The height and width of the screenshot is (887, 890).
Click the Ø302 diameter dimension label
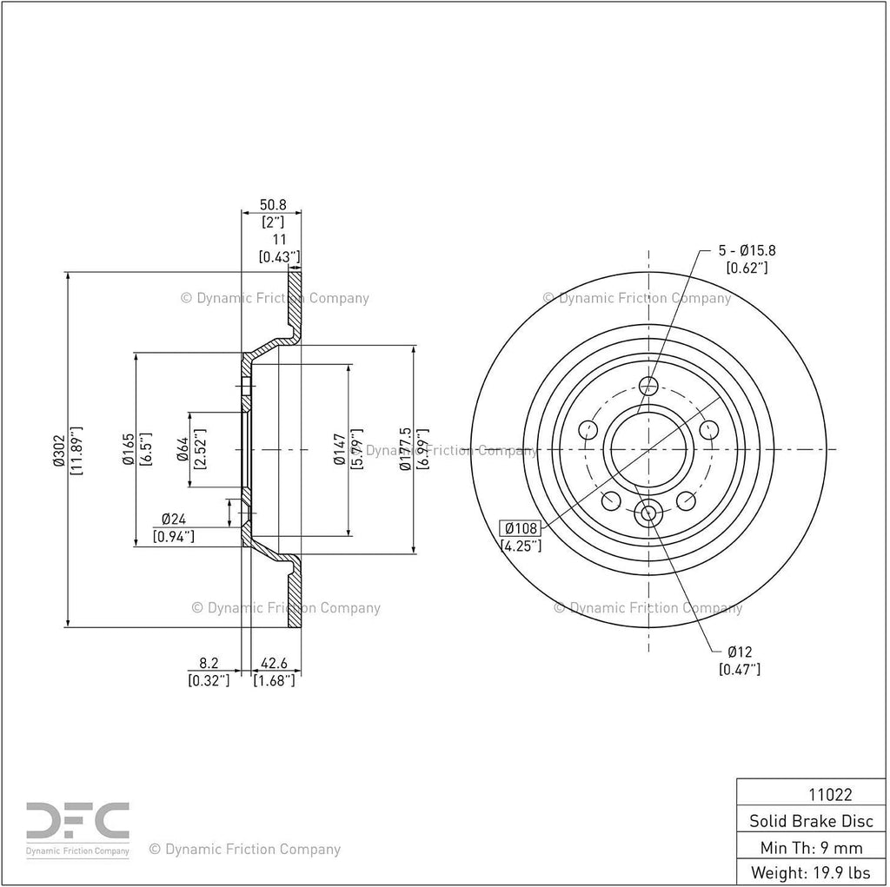(58, 451)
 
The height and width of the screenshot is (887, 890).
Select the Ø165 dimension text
(129, 449)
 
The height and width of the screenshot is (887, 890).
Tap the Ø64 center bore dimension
(183, 449)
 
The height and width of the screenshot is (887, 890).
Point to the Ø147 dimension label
(340, 449)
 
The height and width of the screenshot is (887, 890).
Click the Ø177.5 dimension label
(405, 449)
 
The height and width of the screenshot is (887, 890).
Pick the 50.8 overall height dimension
(273, 204)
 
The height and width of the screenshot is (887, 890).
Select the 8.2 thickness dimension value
(209, 663)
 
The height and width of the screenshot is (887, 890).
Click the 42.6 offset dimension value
(274, 663)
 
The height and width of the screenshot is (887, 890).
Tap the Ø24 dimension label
(174, 519)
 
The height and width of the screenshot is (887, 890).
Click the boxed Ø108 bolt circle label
(521, 528)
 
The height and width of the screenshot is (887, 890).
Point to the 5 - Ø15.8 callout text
(747, 250)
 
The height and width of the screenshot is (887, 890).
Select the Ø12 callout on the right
(740, 652)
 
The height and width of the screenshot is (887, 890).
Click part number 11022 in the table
(830, 795)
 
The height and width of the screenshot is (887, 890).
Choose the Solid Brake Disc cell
(811, 821)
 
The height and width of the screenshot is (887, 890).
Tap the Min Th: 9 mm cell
(811, 848)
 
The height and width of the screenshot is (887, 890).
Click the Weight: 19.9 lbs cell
(811, 872)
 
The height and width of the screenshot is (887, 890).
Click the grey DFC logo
(77, 821)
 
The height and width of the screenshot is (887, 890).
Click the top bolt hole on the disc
(648, 386)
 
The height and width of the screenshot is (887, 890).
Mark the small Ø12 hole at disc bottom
(648, 513)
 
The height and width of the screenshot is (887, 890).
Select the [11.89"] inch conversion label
(76, 451)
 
